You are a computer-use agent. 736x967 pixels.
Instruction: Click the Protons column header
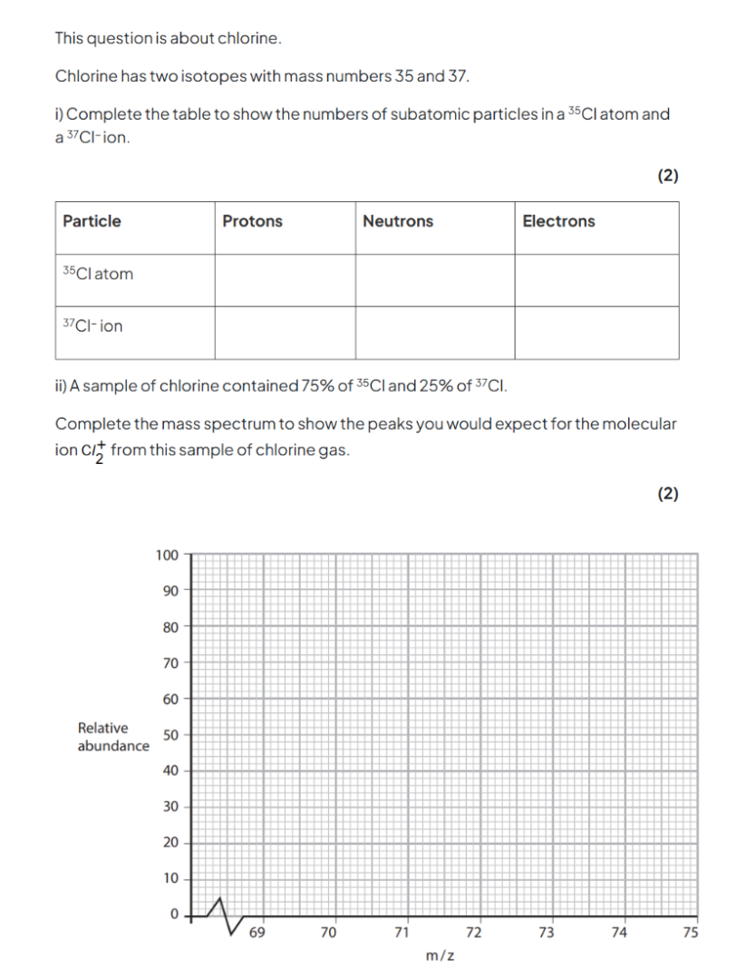tap(252, 221)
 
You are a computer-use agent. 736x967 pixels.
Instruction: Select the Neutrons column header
tap(398, 221)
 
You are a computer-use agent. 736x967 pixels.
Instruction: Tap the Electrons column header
tap(558, 221)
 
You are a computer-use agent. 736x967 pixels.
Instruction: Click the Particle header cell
tap(92, 221)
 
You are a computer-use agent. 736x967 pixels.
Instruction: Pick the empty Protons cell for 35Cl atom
tap(285, 280)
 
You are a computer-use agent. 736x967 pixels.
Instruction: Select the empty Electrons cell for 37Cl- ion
tap(596, 333)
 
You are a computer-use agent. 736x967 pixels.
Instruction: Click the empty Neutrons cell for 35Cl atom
tap(435, 280)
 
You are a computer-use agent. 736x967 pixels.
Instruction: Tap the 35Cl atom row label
tap(98, 274)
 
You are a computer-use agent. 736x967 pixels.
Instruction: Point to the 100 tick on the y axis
tap(167, 554)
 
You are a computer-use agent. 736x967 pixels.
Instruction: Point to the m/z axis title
tap(440, 955)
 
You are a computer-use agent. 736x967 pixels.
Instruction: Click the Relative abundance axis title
tap(113, 737)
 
